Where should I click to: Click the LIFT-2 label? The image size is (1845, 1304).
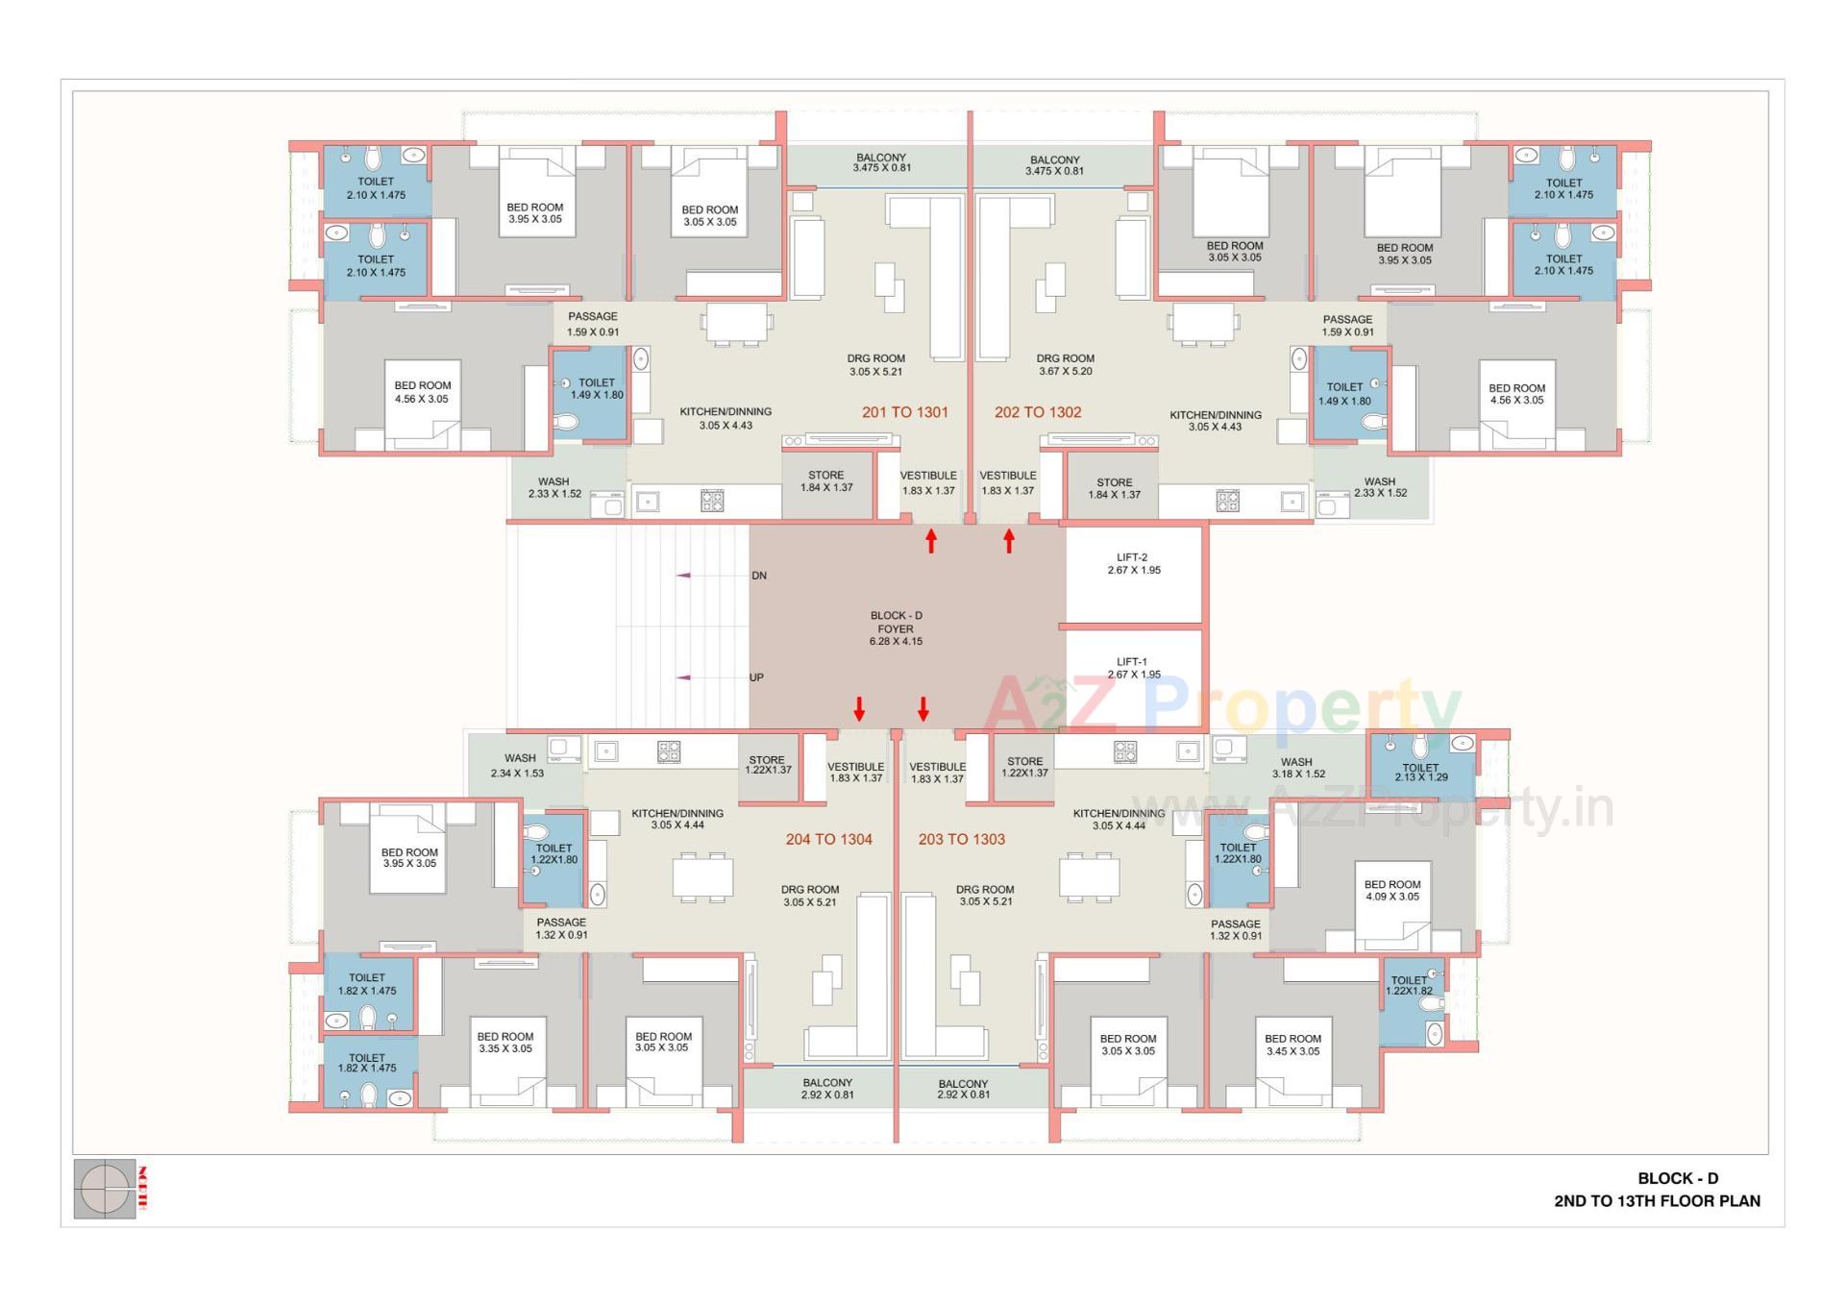[x=1133, y=564]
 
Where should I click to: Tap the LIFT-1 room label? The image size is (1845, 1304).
[x=1133, y=668]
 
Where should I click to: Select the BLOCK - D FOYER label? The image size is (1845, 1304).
[x=896, y=627]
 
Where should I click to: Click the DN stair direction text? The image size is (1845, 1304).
[x=759, y=576]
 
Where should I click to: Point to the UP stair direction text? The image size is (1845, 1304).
[x=756, y=677]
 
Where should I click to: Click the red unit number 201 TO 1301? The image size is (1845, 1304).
[x=904, y=412]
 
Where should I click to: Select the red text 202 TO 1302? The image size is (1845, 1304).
[x=1038, y=412]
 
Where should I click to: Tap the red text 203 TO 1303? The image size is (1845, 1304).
[x=961, y=839]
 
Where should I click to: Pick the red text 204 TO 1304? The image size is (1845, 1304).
[x=828, y=839]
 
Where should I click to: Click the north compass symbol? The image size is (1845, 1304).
[x=105, y=1190]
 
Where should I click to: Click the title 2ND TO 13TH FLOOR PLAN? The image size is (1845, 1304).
[x=1657, y=1201]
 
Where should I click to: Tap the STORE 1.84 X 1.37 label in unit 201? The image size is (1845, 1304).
[x=825, y=481]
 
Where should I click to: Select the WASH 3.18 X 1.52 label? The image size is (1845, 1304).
[x=1297, y=768]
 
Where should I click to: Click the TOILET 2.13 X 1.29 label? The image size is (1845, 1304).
[x=1420, y=772]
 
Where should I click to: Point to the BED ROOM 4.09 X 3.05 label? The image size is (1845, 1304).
[x=1391, y=891]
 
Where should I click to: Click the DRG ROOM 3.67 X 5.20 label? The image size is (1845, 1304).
[x=1065, y=364]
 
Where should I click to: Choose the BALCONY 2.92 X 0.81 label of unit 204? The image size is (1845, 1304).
[x=827, y=1089]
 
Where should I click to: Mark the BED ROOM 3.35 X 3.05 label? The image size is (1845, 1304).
[x=504, y=1043]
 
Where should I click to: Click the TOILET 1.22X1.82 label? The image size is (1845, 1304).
[x=1409, y=985]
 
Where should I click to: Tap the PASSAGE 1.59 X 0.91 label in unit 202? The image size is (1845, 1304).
[x=1347, y=326]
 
